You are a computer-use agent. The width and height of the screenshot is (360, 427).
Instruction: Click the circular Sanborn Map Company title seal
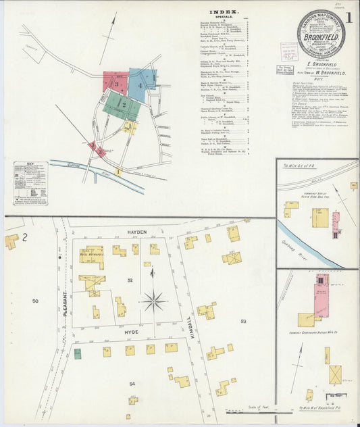point(320,34)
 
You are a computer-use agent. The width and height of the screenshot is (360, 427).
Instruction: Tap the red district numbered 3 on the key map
point(115,83)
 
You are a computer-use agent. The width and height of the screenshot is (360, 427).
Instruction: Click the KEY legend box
point(30,183)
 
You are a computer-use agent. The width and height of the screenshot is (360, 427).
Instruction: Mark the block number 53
point(244,321)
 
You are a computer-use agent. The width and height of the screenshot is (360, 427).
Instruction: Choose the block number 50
point(35,300)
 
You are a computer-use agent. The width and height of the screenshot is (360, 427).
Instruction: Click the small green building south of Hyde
point(78,353)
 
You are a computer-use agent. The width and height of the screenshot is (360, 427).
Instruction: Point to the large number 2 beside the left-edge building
point(24,236)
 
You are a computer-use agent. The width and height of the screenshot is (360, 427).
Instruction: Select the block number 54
point(132,384)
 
